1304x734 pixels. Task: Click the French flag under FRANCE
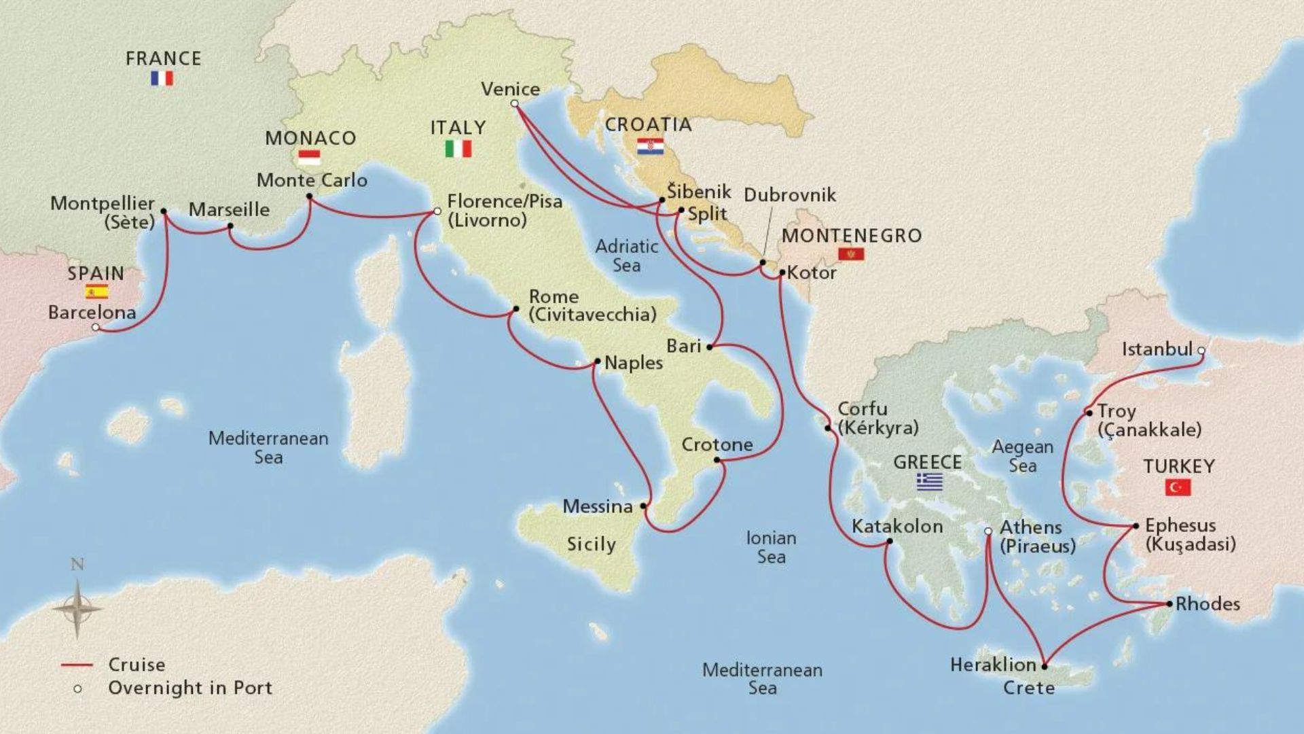(162, 79)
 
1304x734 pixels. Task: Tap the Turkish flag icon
(1178, 487)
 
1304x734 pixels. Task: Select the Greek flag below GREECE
(929, 482)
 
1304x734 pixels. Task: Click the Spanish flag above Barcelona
(96, 292)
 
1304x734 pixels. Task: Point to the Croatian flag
(650, 146)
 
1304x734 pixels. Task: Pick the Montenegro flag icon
(852, 254)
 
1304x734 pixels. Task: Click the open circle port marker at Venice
(514, 104)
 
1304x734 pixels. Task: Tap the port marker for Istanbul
(1201, 351)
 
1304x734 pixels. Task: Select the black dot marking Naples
(597, 362)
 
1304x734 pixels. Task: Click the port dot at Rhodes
(1169, 604)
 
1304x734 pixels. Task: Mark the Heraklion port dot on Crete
(1044, 666)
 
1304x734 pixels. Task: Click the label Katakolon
(897, 527)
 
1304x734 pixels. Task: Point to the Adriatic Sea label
(626, 256)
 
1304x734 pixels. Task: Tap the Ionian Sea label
(771, 547)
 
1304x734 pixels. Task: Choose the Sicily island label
(591, 544)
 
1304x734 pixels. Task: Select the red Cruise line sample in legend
(76, 665)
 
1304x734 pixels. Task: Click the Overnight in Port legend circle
(77, 688)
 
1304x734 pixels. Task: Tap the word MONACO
(310, 138)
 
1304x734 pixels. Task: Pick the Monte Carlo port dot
(309, 196)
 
